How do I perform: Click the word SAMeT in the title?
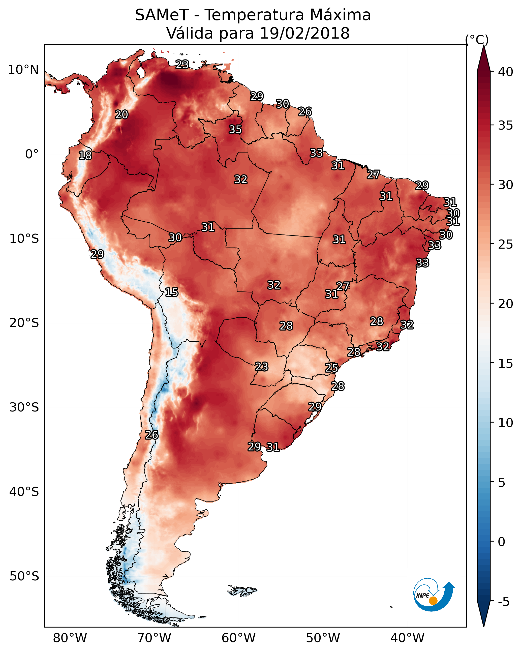[x=162, y=15]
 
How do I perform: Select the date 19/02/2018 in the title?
[x=304, y=33]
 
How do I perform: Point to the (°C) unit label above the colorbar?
[x=477, y=40]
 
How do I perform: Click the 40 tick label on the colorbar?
[x=506, y=72]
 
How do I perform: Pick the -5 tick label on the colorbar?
[x=503, y=602]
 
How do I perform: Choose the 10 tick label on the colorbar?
[x=506, y=423]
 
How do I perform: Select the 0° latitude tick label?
[x=32, y=154]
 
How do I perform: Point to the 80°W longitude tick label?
[x=70, y=638]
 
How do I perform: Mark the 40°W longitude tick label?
[x=407, y=638]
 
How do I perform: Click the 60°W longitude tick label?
[x=239, y=638]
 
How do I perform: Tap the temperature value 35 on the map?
[x=235, y=129]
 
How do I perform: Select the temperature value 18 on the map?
[x=85, y=156]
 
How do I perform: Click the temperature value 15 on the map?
[x=171, y=292]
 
